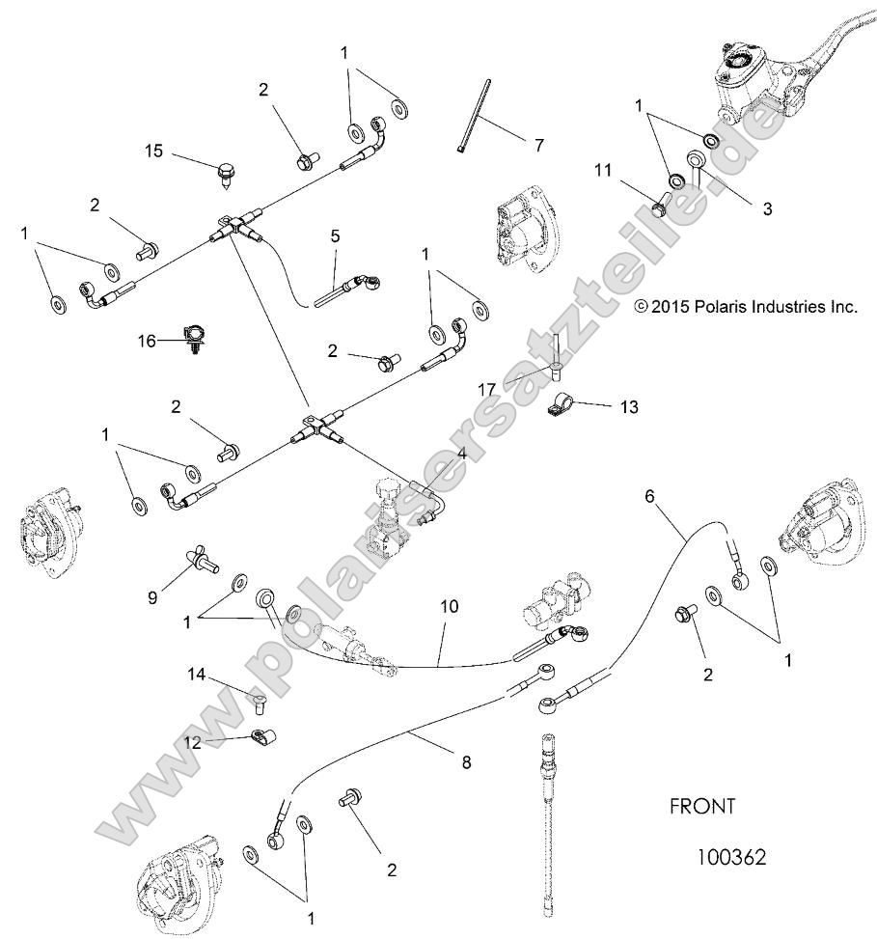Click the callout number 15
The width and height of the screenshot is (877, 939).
(x=154, y=151)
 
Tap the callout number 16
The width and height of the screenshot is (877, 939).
(x=146, y=340)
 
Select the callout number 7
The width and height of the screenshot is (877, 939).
(x=538, y=146)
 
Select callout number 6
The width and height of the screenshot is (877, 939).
(x=649, y=495)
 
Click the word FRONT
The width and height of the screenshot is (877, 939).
(x=702, y=806)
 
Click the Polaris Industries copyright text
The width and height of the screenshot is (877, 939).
(x=746, y=307)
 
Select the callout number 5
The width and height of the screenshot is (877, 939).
(x=336, y=235)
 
